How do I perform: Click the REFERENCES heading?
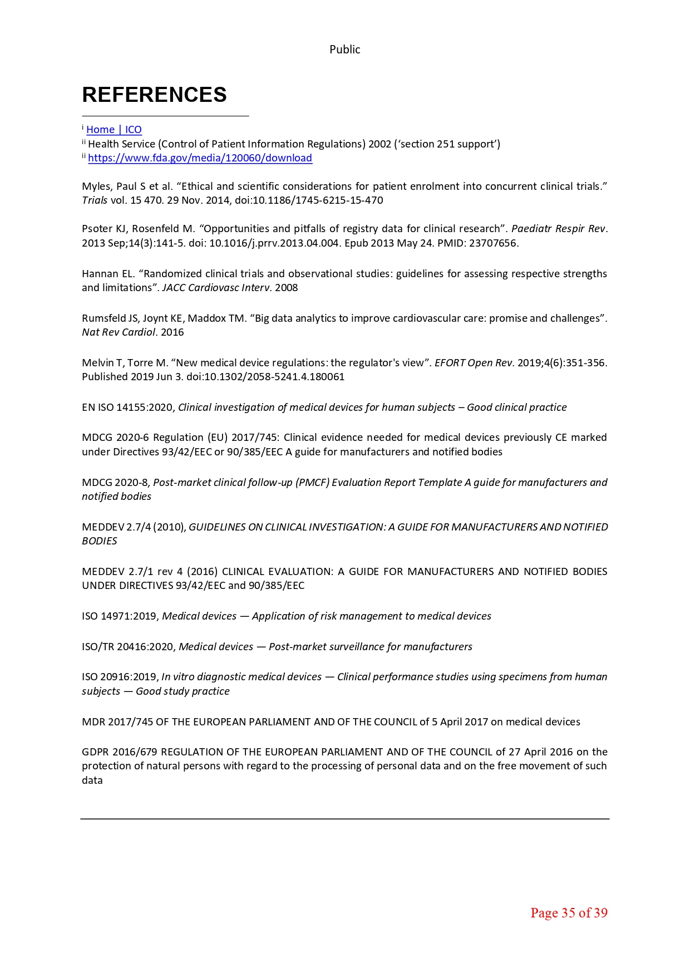coord(154,95)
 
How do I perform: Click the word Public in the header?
coord(344,50)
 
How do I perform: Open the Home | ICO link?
coord(114,130)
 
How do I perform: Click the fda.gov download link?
coord(200,158)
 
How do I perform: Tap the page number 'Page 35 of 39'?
coord(569,912)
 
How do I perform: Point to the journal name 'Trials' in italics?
coord(95,200)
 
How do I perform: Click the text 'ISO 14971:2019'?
coord(119,616)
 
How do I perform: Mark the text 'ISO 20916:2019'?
coord(119,677)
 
